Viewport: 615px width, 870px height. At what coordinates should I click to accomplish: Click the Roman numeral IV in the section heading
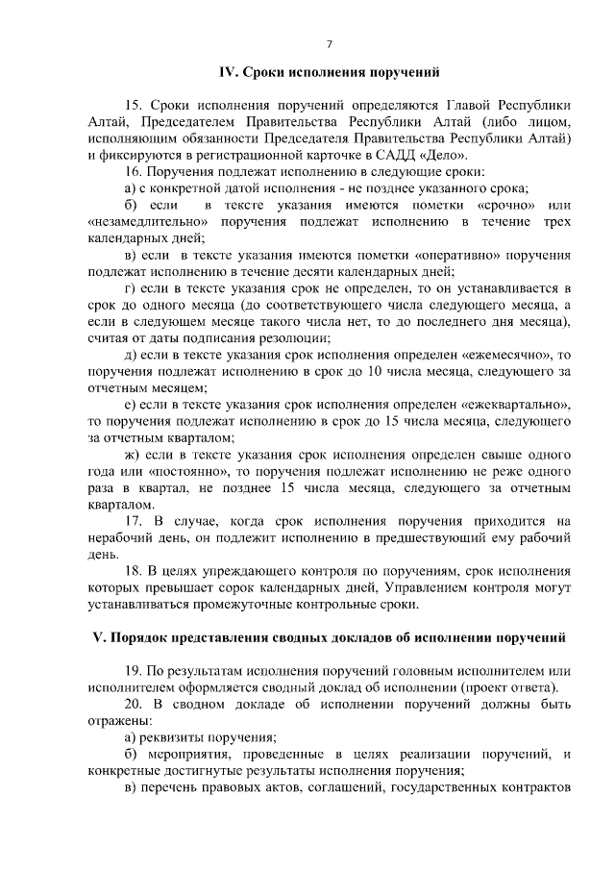tap(228, 71)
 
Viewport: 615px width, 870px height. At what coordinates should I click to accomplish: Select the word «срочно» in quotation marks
tap(503, 207)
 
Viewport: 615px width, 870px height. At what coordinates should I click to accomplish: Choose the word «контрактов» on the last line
tap(530, 788)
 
